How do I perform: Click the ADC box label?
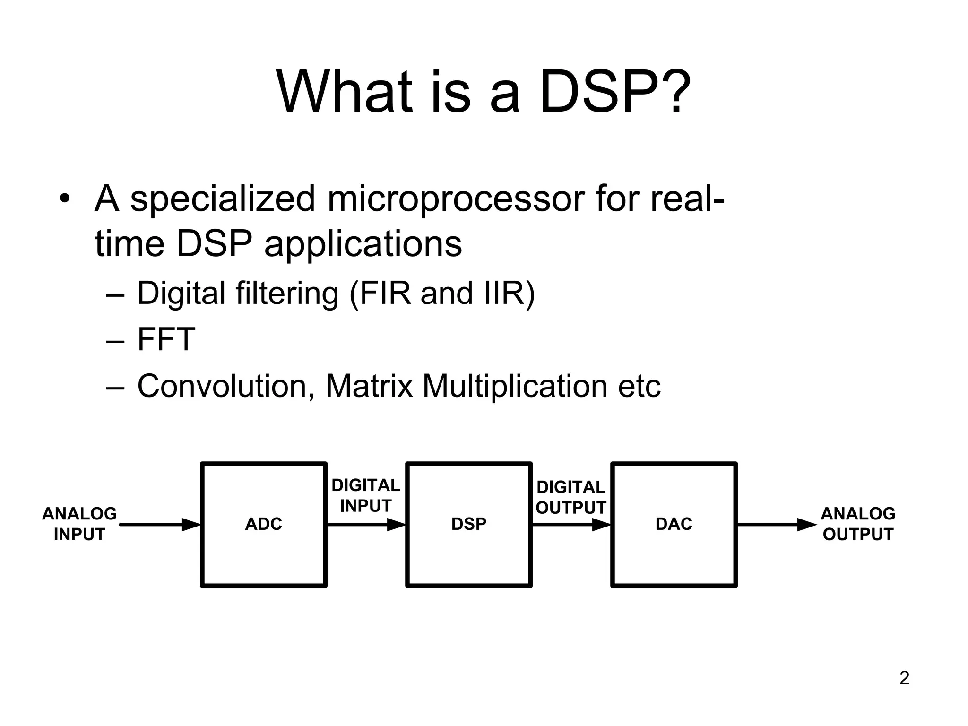[x=263, y=524]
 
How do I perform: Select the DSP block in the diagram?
[x=468, y=524]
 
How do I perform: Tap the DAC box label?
[x=674, y=524]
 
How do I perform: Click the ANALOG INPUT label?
[x=79, y=524]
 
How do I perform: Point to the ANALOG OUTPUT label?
[x=858, y=524]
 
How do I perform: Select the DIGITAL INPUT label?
[x=366, y=496]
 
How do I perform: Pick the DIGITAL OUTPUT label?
[x=571, y=498]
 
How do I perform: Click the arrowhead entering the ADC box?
[x=191, y=525]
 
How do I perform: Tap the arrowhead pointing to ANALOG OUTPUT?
[x=806, y=525]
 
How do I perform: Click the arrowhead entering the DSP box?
[x=397, y=525]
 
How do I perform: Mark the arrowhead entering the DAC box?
[x=602, y=525]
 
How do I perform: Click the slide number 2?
[x=904, y=678]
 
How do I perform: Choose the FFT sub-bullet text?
[x=166, y=339]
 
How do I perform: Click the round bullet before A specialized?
[x=65, y=199]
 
